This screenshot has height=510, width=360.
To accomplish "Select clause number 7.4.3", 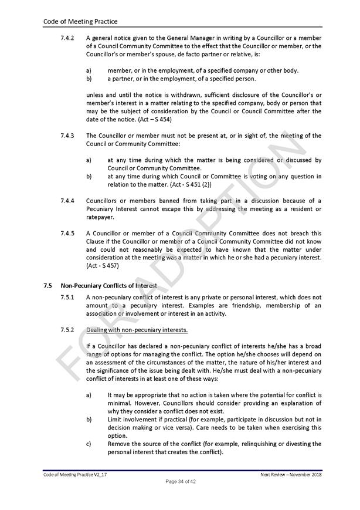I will (x=67, y=136).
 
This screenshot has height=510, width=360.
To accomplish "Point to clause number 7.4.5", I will (x=67, y=232).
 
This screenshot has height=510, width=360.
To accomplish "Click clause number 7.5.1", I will (x=67, y=298).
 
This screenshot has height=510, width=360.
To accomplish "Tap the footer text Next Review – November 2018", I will (x=291, y=474).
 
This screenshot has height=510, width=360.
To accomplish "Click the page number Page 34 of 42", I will (x=180, y=481).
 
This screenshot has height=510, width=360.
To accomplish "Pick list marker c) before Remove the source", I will (x=89, y=444).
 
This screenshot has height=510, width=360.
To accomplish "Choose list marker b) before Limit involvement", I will (x=89, y=420).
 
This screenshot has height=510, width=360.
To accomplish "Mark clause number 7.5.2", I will (x=67, y=329).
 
